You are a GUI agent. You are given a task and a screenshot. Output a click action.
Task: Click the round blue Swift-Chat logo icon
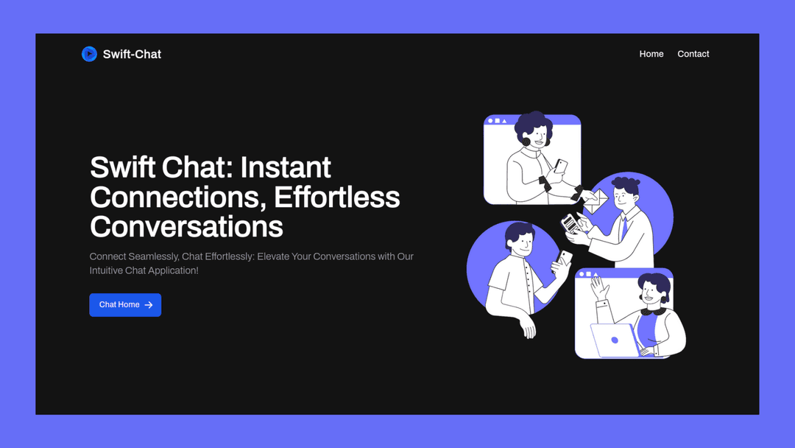89,54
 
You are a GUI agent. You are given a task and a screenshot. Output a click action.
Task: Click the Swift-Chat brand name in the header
132,54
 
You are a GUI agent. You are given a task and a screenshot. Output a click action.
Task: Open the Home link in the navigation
651,54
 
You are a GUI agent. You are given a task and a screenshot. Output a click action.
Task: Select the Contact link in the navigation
693,54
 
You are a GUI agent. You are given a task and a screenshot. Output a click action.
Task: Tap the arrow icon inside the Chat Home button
149,305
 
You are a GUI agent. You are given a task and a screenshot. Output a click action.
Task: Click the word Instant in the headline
286,168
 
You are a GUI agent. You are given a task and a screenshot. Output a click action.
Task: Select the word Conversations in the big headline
186,226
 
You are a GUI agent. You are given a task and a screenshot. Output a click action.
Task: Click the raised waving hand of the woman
600,287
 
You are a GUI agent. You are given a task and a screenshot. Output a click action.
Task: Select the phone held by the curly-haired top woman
561,166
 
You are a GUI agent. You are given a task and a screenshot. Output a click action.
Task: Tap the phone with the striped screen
570,223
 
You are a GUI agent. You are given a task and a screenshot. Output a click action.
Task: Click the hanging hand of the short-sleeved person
527,326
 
